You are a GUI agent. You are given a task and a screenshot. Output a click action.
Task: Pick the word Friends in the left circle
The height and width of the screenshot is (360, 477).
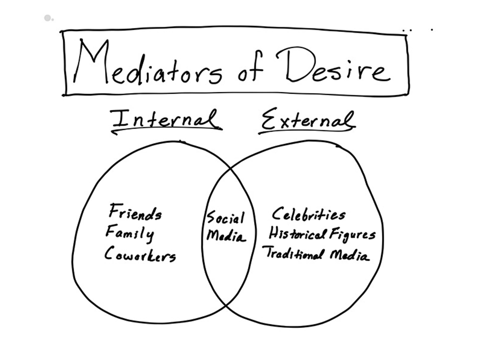tap(135, 213)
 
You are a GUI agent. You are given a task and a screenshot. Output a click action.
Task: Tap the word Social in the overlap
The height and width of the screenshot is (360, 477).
tap(225, 218)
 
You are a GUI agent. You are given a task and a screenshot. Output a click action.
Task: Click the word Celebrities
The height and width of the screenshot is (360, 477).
tap(308, 215)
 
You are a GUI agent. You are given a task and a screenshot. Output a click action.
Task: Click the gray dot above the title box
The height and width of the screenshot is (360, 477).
tap(48, 18)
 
